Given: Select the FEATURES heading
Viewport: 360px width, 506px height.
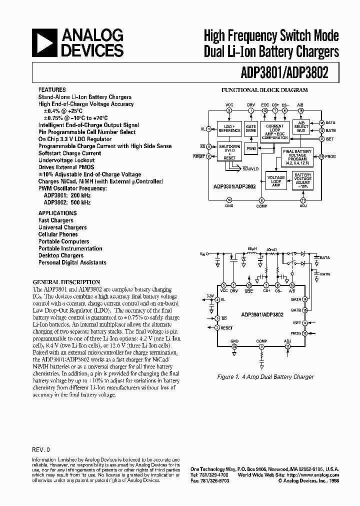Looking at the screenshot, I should (x=52, y=90).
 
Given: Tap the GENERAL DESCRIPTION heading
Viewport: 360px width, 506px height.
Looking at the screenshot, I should (x=66, y=282).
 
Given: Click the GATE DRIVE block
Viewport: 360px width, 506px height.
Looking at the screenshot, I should (x=250, y=128).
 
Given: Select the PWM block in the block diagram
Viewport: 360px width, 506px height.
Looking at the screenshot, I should (x=251, y=149).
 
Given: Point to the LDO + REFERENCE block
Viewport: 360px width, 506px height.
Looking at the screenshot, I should (x=229, y=128).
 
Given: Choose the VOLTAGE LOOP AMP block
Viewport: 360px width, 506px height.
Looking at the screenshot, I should (x=276, y=181).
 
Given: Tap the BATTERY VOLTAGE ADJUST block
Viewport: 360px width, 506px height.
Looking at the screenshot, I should (x=302, y=181).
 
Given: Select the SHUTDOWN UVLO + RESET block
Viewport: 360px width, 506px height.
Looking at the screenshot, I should (x=229, y=151).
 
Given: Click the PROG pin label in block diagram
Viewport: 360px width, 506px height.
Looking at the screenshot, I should (x=330, y=156).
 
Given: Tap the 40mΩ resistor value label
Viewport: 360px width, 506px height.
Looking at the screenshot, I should (x=271, y=248).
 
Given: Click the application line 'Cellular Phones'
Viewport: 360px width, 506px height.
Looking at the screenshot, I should (x=58, y=234).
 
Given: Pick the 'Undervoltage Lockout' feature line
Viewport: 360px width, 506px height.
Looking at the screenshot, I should (x=66, y=160).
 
